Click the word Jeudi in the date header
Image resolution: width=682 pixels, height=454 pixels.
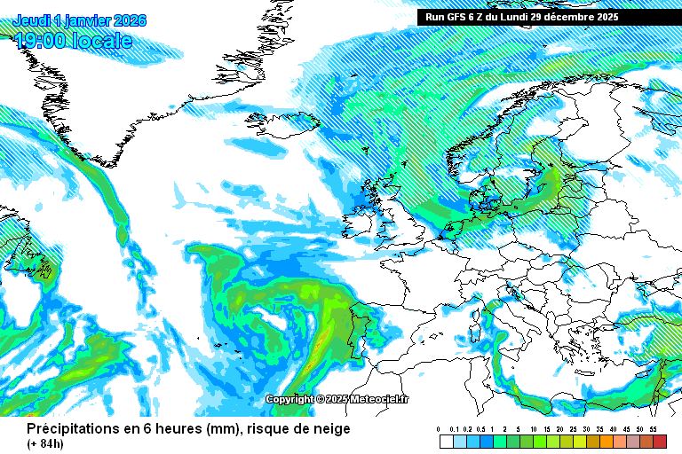pyautogui.click(x=31, y=20)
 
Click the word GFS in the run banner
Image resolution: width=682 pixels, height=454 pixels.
pyautogui.click(x=459, y=17)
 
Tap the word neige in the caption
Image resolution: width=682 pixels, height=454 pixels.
pyautogui.click(x=330, y=429)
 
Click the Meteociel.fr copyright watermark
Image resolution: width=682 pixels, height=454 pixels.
pyautogui.click(x=337, y=400)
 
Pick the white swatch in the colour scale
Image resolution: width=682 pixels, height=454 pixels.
pyautogui.click(x=446, y=442)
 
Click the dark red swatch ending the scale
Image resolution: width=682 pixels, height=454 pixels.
pyautogui.click(x=659, y=442)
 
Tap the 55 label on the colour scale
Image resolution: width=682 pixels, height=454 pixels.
pyautogui.click(x=653, y=429)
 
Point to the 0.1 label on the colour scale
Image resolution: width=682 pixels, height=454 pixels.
pyautogui.click(x=454, y=429)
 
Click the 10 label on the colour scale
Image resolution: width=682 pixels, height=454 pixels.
pyautogui.click(x=533, y=429)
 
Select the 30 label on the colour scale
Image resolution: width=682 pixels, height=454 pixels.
pyautogui.click(x=586, y=429)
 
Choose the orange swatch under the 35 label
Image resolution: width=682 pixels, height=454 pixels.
pyautogui.click(x=606, y=442)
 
